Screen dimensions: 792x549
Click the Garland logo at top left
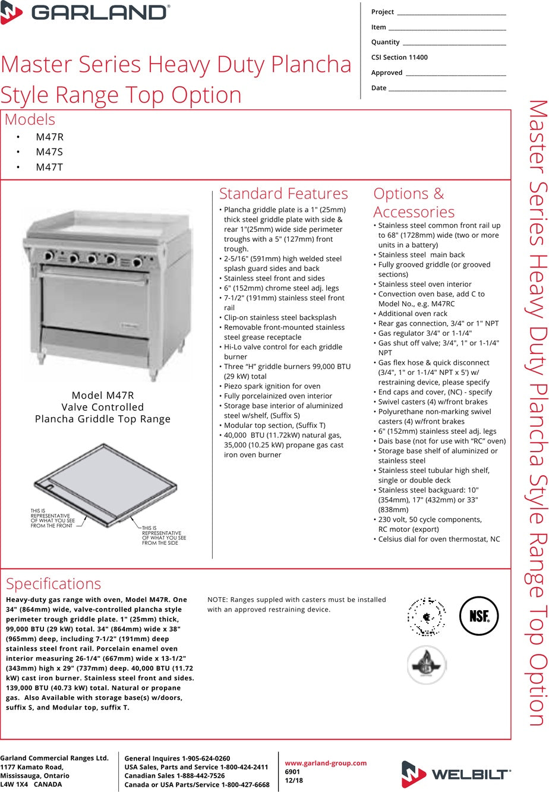click(x=86, y=12)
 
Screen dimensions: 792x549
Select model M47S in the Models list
click(x=49, y=152)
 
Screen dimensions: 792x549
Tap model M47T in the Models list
click(x=49, y=167)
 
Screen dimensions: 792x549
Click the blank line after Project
click(x=451, y=13)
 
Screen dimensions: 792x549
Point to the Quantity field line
click(x=454, y=43)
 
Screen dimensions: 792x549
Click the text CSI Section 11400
click(x=399, y=58)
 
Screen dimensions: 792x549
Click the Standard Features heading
click(x=283, y=194)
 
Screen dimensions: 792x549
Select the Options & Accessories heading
click(x=414, y=203)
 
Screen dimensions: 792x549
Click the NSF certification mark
click(x=479, y=616)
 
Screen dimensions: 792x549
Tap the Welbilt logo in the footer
click(x=456, y=774)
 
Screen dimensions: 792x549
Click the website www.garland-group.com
click(x=326, y=763)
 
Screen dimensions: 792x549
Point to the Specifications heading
click(x=53, y=583)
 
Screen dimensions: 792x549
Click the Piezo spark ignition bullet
click(x=272, y=386)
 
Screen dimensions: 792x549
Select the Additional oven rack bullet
click(x=413, y=314)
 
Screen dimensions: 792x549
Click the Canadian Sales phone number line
click(x=174, y=776)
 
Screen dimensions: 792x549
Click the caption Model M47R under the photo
click(x=103, y=395)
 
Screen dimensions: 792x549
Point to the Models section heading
click(x=30, y=119)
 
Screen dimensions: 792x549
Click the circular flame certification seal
click(x=427, y=664)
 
